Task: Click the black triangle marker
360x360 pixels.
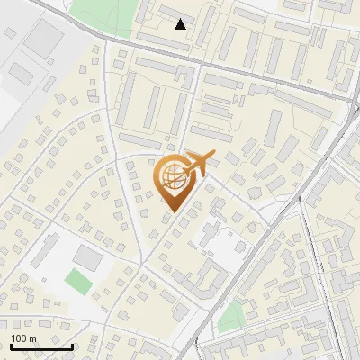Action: point(181,24)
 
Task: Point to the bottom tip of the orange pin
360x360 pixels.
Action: point(170,211)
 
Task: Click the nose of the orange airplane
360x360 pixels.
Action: point(214,157)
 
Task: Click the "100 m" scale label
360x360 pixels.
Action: point(24,337)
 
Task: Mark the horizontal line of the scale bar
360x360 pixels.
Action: point(40,346)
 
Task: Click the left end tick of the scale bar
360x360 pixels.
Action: point(10,345)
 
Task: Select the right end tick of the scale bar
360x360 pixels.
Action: point(72,345)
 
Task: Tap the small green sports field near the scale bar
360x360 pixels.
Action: point(79,281)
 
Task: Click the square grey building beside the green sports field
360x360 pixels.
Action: point(87,256)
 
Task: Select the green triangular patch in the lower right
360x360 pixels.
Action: point(232,316)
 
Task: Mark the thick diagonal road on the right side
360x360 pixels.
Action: point(270,225)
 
